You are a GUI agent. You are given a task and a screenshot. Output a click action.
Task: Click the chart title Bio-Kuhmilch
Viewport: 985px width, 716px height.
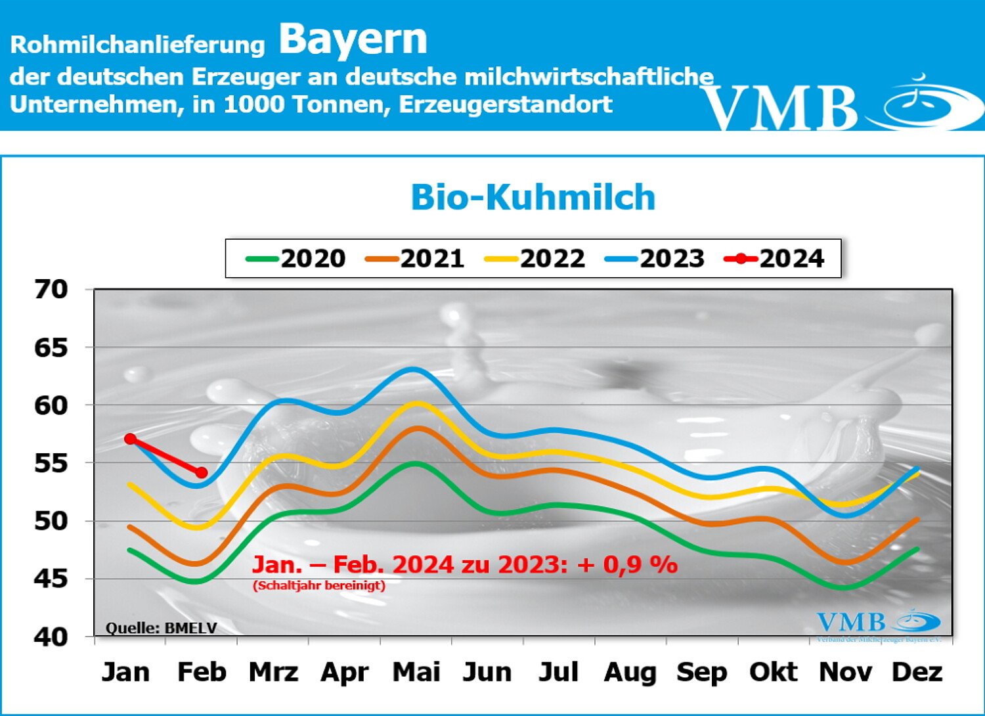click(533, 197)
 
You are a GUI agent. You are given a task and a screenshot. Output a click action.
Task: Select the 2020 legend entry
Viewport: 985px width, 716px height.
click(296, 259)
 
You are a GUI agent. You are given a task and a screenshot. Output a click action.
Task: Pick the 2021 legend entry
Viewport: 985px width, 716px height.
click(416, 259)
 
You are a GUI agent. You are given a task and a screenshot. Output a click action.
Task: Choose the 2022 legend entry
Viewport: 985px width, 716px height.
click(535, 259)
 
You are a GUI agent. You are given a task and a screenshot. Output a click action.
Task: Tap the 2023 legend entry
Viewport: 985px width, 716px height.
click(655, 259)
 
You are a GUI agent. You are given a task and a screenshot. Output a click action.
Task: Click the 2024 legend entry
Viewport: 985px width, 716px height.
click(775, 259)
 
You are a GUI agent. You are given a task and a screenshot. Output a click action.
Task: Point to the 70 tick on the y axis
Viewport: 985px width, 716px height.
click(51, 289)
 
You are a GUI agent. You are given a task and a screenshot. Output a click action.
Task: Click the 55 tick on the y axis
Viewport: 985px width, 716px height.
click(51, 463)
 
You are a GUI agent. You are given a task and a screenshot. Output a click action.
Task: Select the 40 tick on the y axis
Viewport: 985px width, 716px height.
click(51, 637)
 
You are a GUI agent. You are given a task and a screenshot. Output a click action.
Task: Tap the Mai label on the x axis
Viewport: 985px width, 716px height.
click(416, 672)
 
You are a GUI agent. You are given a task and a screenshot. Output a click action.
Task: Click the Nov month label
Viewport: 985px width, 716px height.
click(845, 672)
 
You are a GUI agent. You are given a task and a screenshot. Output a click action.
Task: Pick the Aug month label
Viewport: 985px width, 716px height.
click(630, 672)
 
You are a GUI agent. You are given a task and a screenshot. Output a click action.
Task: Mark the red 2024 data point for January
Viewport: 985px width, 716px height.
click(130, 439)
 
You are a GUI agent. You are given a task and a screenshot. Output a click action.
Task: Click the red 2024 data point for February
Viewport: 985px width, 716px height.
click(202, 473)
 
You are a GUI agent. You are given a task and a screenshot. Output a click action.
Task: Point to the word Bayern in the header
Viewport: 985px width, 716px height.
click(353, 39)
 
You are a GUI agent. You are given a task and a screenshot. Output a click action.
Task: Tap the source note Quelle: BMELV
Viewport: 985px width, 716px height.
click(161, 627)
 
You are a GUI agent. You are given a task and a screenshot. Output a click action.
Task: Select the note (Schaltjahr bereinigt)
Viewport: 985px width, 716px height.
click(319, 585)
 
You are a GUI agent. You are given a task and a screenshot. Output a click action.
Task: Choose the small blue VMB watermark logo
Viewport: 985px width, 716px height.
click(877, 621)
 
